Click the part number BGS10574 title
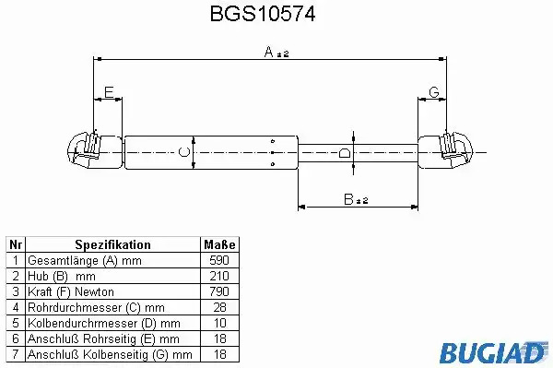tap(263, 14)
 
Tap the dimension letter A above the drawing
tap(269, 52)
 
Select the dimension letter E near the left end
tap(109, 92)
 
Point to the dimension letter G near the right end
tap(434, 92)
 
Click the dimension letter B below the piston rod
tap(348, 199)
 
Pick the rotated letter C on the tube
tap(184, 152)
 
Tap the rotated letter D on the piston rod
tap(344, 153)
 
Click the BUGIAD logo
tap(493, 352)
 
